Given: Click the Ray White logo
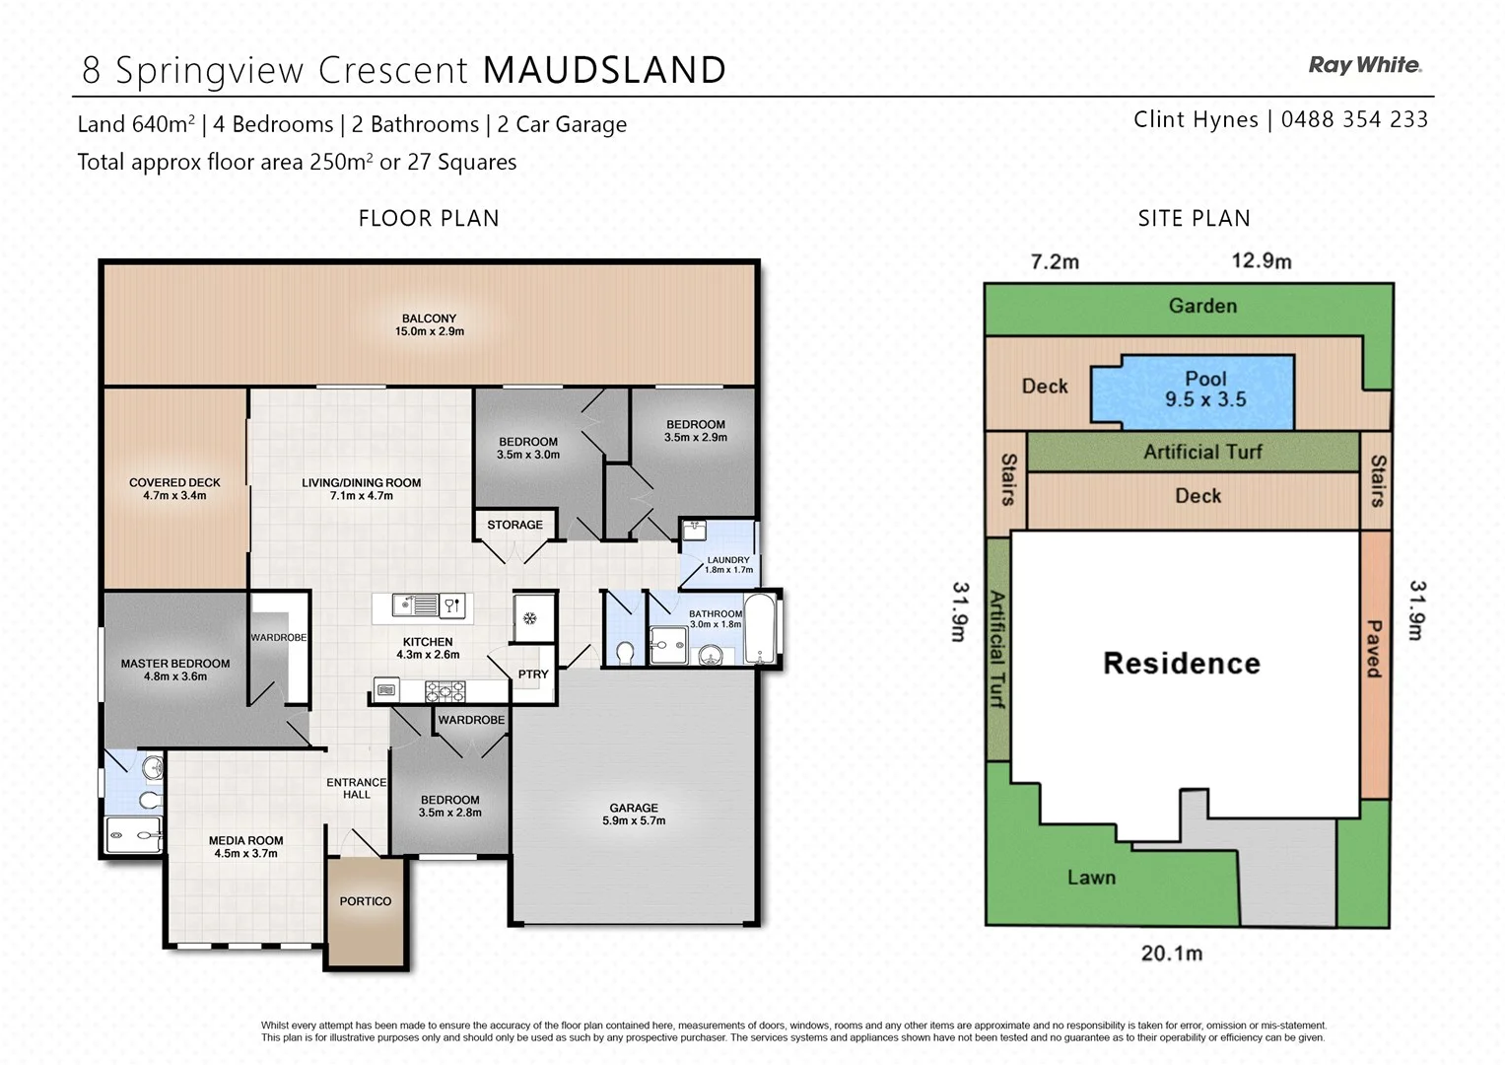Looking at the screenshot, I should click(x=1364, y=65).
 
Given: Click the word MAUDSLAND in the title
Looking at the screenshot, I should click(x=604, y=70).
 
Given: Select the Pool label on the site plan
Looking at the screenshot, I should click(x=1205, y=379).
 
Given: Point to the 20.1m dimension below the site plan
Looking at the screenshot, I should click(x=1171, y=954).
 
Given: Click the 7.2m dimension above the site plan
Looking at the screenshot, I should click(x=1055, y=261).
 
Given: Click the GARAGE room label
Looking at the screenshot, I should click(x=634, y=808).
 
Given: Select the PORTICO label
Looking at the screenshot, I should click(x=366, y=901).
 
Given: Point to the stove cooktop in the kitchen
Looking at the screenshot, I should click(x=445, y=691).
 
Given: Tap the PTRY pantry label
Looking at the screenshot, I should click(x=533, y=674).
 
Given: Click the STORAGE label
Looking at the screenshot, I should click(x=514, y=525).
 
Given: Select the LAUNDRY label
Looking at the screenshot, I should click(x=728, y=559).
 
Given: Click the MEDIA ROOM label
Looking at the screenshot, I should click(x=245, y=840).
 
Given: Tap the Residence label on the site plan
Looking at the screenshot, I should click(x=1181, y=664).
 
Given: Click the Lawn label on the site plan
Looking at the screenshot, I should click(x=1091, y=878).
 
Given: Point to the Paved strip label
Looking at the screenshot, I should click(x=1374, y=648).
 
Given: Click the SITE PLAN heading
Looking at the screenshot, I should click(x=1194, y=218).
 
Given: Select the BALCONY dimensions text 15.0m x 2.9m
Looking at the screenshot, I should click(x=430, y=331).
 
